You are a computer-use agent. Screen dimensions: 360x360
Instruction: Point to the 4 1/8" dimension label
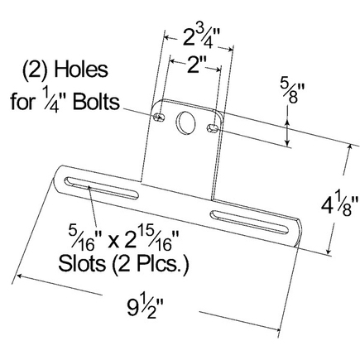pyautogui.click(x=339, y=204)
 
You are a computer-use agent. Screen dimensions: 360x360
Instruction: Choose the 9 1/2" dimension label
pyautogui.click(x=146, y=307)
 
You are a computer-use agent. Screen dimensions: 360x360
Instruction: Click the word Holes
pyautogui.click(x=80, y=70)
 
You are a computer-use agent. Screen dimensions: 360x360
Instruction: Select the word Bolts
pyautogui.click(x=96, y=102)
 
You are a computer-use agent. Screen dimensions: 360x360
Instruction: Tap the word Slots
pyautogui.click(x=82, y=264)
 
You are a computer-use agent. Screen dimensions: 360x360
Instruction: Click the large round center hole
pyautogui.click(x=185, y=122)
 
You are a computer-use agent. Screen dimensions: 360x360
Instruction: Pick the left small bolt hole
pyautogui.click(x=158, y=117)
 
